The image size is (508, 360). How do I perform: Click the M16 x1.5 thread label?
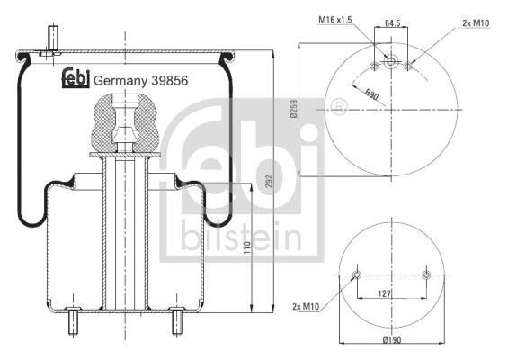[335, 20]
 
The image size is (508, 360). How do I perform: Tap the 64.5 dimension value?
[393, 23]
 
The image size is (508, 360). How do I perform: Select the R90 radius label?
[371, 95]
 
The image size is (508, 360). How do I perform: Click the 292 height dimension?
[270, 182]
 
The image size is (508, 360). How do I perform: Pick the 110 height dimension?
[247, 248]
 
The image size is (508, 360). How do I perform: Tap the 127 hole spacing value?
[385, 293]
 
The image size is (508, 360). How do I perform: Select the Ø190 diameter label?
[392, 339]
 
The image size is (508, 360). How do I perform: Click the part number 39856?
[170, 81]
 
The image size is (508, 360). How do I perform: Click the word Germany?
[120, 81]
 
